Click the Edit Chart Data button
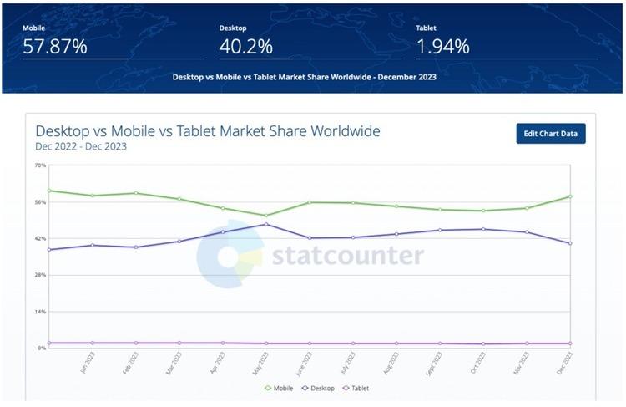coord(551,134)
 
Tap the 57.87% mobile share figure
coord(54,47)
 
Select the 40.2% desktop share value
coord(241,47)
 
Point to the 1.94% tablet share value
coord(442,47)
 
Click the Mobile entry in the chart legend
coord(280,388)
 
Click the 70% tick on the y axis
coord(40,165)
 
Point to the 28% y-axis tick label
coord(40,275)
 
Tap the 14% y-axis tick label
coord(40,312)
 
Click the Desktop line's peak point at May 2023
coord(266,224)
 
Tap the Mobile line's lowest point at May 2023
coord(266,216)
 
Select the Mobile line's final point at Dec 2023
coord(570,196)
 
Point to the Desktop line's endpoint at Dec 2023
coord(570,243)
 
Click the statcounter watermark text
coord(346,255)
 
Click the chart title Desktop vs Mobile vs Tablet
coord(208,131)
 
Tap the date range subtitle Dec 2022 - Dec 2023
coord(81,147)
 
